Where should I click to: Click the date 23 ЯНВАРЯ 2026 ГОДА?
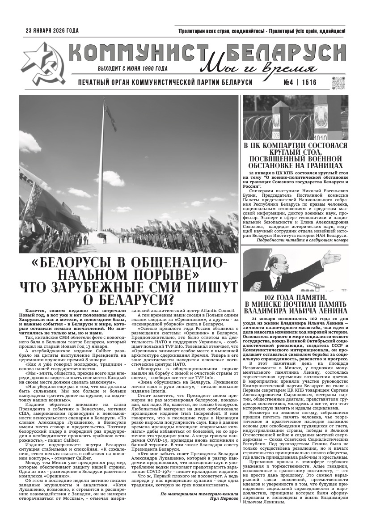(x=52, y=31)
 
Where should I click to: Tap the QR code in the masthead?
(x=338, y=83)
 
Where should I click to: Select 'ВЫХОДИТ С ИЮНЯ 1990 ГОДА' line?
(x=133, y=68)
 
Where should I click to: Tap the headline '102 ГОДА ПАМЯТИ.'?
(x=296, y=297)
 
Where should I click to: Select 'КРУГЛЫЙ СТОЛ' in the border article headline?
(x=296, y=152)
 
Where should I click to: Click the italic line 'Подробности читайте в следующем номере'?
(x=302, y=240)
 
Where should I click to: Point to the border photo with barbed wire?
(x=296, y=117)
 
